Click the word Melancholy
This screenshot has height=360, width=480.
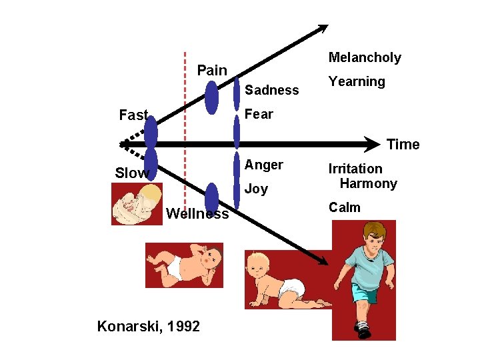coord(365,58)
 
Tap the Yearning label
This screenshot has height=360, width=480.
coord(357,81)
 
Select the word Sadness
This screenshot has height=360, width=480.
coord(272,90)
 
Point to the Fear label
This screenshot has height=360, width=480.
coord(259,114)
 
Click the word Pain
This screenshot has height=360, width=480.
coord(212,70)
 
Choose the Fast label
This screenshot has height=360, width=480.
coord(133,115)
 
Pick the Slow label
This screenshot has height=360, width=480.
coord(131,173)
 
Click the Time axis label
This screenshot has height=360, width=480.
coord(403,145)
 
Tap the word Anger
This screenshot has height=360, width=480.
coord(264,165)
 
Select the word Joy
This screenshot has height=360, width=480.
coord(257,189)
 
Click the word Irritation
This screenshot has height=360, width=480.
coord(355,169)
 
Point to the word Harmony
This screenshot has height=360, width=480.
coord(368,183)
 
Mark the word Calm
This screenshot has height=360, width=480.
coord(345,207)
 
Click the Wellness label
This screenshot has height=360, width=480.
coord(197,214)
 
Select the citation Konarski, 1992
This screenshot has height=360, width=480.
coord(148,326)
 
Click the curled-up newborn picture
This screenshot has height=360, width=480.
coord(137,204)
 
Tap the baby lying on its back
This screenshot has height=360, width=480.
coord(184,265)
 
